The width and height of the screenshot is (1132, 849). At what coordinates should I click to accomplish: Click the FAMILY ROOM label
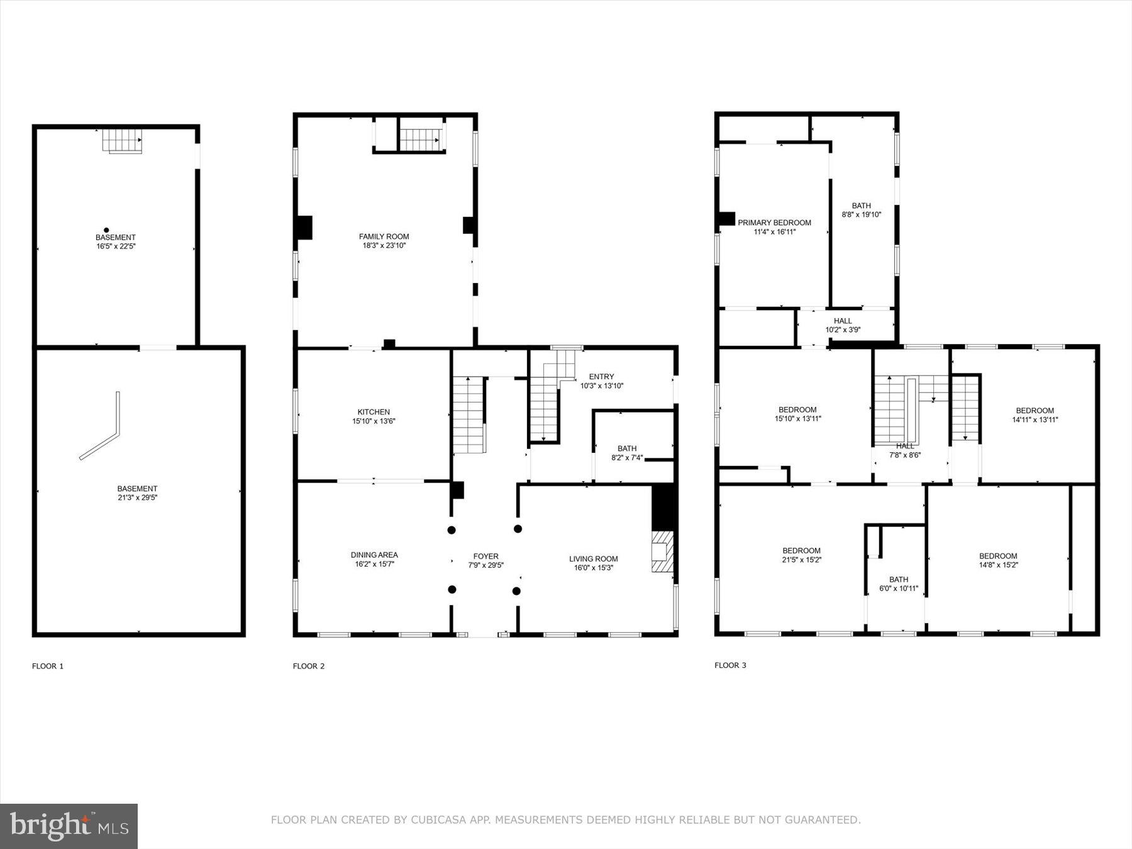coord(384,236)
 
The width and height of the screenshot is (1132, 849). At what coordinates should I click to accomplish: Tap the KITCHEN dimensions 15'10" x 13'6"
coord(374,421)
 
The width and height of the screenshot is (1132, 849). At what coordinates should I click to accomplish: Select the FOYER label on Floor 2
coord(486,556)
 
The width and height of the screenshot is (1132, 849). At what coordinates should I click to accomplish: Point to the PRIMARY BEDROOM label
coord(774,223)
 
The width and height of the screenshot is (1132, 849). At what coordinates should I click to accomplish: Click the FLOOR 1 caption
coord(48,666)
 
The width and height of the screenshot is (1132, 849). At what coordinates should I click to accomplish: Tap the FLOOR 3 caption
coord(730,665)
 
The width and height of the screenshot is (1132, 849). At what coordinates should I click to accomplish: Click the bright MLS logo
coord(69,826)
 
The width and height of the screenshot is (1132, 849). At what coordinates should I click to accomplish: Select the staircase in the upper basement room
coord(122,140)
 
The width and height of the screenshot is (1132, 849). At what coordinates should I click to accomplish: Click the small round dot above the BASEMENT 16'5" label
coord(106,230)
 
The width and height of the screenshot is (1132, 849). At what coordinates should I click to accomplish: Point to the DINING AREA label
coord(374,555)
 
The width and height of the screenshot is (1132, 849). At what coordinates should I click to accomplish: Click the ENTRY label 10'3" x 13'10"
coord(601,381)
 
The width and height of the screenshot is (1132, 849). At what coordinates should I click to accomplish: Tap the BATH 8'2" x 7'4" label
coord(626,453)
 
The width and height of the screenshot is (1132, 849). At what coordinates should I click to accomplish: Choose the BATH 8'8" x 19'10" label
coord(861,210)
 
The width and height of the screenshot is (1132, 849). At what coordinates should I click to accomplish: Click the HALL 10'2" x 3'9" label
coord(843,325)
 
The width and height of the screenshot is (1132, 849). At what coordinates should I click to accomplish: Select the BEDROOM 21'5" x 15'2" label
coord(801,555)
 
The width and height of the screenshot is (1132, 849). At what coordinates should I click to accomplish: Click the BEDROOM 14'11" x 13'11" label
coord(1035,415)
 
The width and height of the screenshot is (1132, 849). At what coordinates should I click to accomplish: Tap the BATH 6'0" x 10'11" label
coord(898,584)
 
